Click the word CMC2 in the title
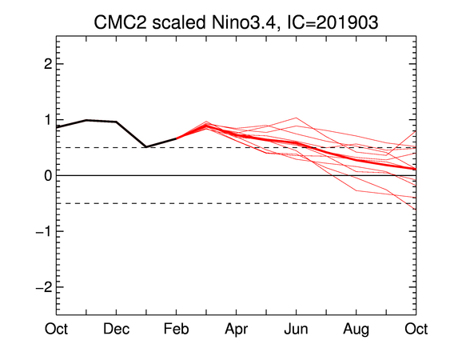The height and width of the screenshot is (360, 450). [x=120, y=22]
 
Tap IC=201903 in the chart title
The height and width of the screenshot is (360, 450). [x=333, y=22]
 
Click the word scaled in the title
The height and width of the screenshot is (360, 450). [x=179, y=22]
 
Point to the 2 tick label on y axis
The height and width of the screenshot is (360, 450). [x=48, y=64]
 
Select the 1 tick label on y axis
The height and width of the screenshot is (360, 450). [x=48, y=119]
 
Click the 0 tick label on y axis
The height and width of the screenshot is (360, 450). [x=48, y=175]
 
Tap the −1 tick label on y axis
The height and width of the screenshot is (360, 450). [x=44, y=231]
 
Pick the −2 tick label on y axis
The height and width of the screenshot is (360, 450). [x=44, y=287]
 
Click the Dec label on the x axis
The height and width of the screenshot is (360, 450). [x=116, y=329]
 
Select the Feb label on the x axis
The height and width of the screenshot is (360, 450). [x=176, y=329]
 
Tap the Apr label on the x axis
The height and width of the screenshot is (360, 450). [x=237, y=330]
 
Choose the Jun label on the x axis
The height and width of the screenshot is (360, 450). [x=296, y=329]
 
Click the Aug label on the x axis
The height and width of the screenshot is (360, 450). [x=356, y=330]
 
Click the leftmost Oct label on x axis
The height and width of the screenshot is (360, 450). [x=56, y=329]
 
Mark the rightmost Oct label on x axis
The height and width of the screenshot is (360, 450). [x=416, y=329]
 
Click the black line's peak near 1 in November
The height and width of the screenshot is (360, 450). [x=86, y=120]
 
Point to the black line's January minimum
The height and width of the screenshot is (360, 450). [x=146, y=147]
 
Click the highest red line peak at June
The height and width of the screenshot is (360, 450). [x=297, y=118]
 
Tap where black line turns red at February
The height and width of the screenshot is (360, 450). [x=176, y=138]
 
